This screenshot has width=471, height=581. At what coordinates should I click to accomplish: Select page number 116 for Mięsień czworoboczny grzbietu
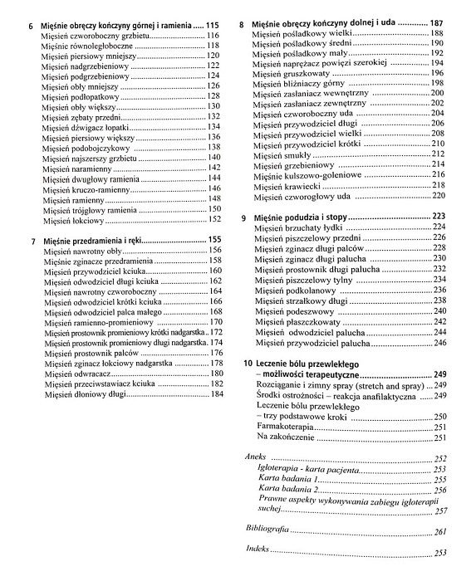(213, 37)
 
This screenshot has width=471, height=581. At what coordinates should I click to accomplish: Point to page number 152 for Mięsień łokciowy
(213, 220)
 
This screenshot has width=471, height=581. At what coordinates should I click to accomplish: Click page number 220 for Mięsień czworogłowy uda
(439, 197)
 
